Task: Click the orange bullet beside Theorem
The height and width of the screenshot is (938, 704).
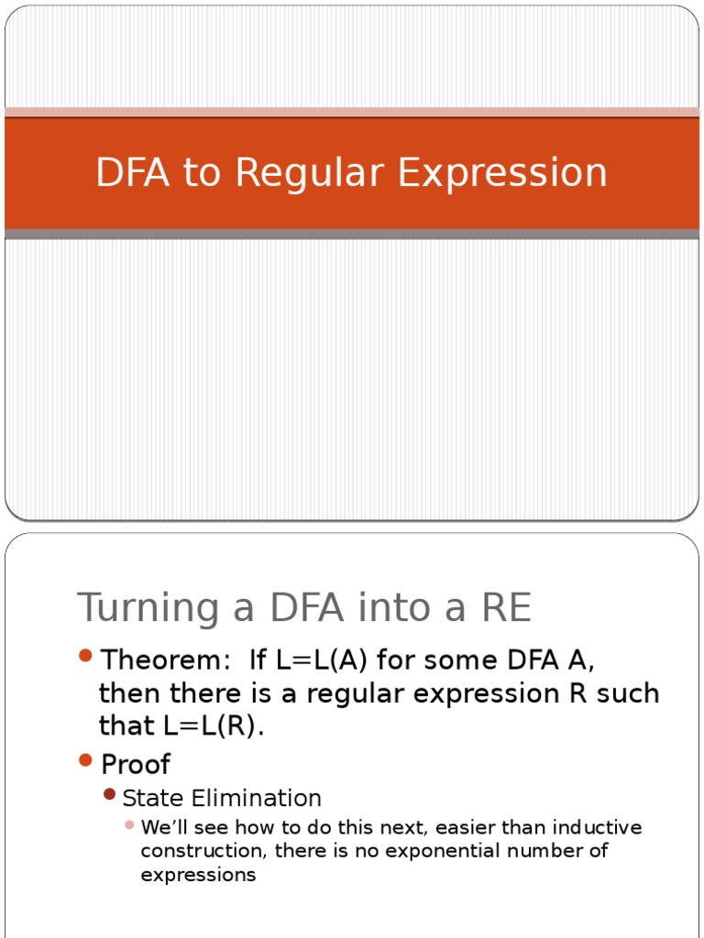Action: coord(86,656)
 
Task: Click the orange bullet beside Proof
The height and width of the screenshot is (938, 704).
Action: coord(86,759)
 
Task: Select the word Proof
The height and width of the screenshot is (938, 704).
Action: coord(136,764)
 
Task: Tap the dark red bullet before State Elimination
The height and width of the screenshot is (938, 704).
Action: coord(110,794)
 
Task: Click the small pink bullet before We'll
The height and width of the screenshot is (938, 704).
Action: coord(129,825)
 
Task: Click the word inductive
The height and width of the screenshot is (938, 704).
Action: coord(600,828)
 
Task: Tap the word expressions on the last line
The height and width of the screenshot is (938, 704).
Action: coord(198,875)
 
